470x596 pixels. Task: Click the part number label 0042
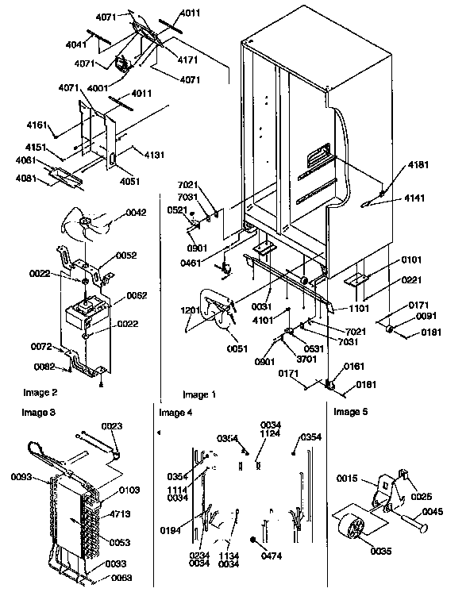point(137,213)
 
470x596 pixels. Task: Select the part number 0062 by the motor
point(137,294)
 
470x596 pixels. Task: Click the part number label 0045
point(432,511)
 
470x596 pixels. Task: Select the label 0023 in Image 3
point(113,426)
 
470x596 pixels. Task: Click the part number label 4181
point(418,165)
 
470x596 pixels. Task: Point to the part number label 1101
point(359,308)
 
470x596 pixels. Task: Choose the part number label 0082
point(43,365)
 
